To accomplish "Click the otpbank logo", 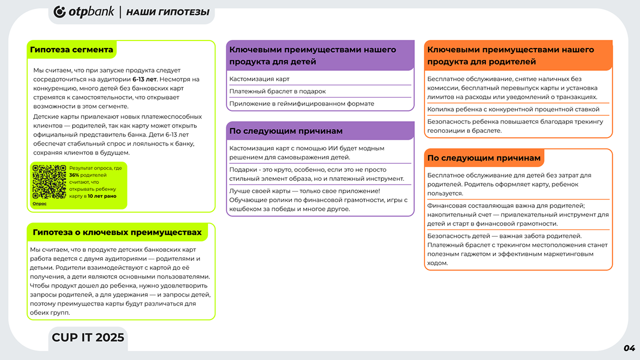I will click(84, 12).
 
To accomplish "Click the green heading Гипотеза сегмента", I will click(71, 50).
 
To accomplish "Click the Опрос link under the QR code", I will click(39, 204).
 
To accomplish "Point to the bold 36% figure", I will click(74, 175).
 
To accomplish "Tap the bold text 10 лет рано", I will click(102, 196).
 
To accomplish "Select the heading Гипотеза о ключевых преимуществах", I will click(117, 233).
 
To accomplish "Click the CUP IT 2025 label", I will click(88, 337).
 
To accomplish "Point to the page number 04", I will click(629, 348).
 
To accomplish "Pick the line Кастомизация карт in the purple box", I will click(259, 79).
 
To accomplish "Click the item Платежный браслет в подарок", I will click(277, 91).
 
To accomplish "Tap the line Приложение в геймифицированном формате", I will click(301, 103).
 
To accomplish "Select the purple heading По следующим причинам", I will click(286, 131).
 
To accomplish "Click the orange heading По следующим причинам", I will click(484, 158).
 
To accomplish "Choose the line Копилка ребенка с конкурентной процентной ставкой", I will click(513, 109).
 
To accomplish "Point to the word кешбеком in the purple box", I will click(245, 209).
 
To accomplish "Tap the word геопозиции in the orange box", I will click(446, 130).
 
